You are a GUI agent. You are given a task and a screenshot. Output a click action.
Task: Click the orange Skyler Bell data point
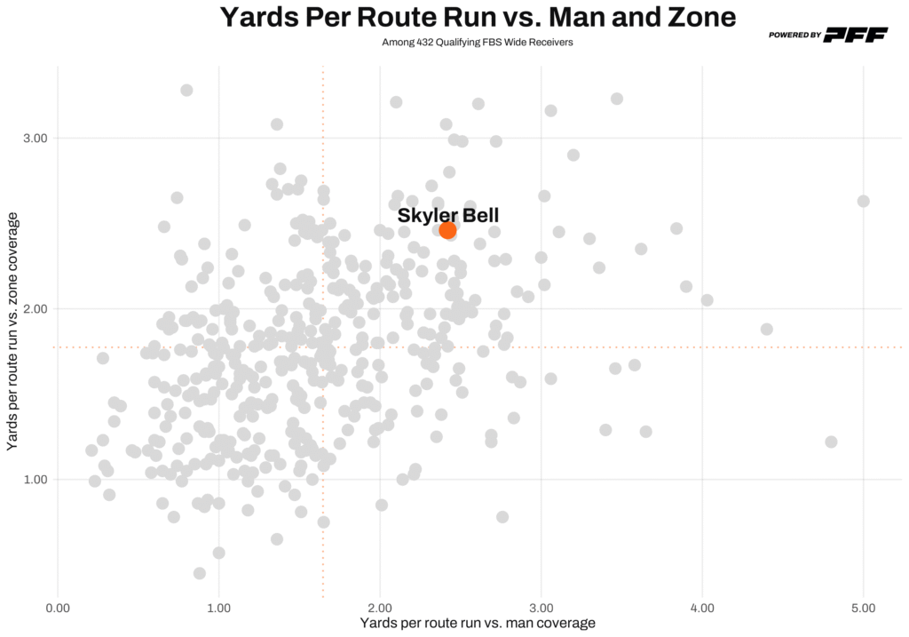[447, 230]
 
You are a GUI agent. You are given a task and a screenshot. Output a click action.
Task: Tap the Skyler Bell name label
[448, 215]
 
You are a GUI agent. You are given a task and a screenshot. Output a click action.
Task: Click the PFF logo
[856, 35]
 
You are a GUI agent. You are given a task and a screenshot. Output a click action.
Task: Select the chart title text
[478, 18]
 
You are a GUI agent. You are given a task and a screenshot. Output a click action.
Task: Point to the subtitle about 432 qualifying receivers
[478, 42]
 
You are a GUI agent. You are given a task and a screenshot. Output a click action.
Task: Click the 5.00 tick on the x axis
[863, 608]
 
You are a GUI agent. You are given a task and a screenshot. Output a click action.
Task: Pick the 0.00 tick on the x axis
[58, 608]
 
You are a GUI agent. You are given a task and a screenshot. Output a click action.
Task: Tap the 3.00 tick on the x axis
[541, 608]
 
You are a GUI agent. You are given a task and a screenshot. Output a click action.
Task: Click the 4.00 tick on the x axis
[702, 608]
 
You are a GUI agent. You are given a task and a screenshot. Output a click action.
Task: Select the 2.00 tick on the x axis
[380, 608]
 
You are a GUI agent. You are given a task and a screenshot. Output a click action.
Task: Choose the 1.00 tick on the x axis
[218, 608]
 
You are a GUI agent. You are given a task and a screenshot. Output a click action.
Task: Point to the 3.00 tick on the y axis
[34, 139]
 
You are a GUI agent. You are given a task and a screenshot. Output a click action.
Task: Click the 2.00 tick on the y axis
[34, 309]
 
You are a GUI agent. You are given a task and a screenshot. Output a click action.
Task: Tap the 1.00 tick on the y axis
[34, 480]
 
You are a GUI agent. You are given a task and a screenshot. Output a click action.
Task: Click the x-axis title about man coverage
[478, 624]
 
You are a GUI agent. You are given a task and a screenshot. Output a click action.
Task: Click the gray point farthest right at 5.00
[863, 202]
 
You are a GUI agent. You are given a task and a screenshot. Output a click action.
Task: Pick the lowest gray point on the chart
[200, 573]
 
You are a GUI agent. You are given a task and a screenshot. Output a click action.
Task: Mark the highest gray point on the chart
[186, 90]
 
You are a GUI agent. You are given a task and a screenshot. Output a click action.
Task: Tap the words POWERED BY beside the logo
[794, 36]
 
